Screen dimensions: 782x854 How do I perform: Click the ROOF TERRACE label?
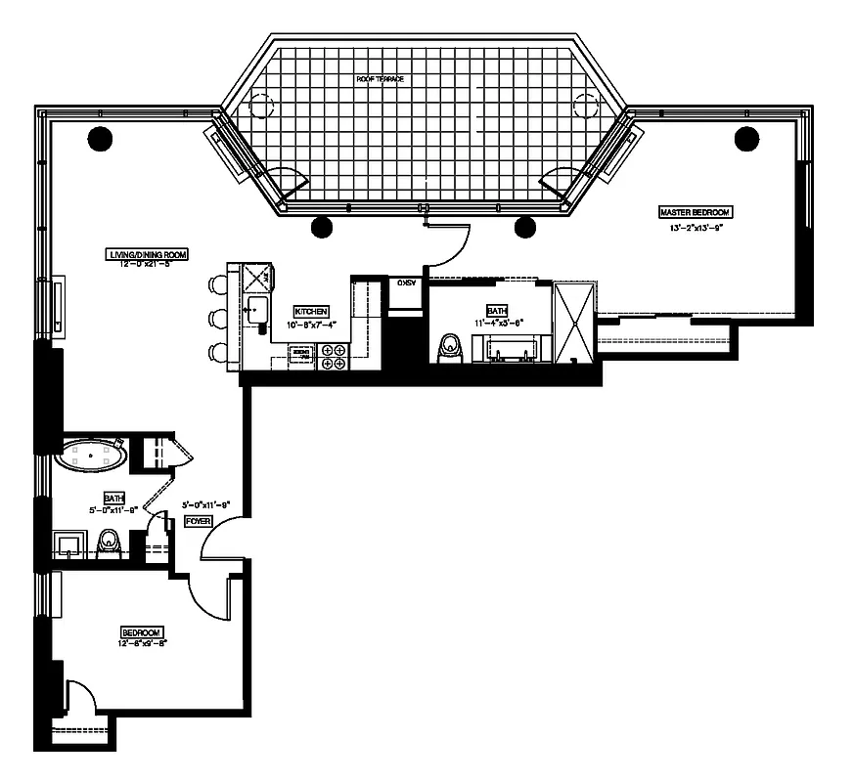(381, 78)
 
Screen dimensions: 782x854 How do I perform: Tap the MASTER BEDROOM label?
(695, 211)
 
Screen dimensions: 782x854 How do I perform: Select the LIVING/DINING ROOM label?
(147, 254)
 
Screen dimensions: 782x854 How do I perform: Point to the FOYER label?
(199, 522)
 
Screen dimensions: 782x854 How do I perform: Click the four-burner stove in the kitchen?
(333, 357)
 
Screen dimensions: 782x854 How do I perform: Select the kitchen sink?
(256, 312)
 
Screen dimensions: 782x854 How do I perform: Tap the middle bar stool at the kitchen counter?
(216, 319)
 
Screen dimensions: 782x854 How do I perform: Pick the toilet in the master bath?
(451, 346)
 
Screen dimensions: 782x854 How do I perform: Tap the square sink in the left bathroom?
(68, 543)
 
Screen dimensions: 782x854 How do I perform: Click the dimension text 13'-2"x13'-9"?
(696, 229)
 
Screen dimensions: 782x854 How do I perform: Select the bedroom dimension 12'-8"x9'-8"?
(142, 641)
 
